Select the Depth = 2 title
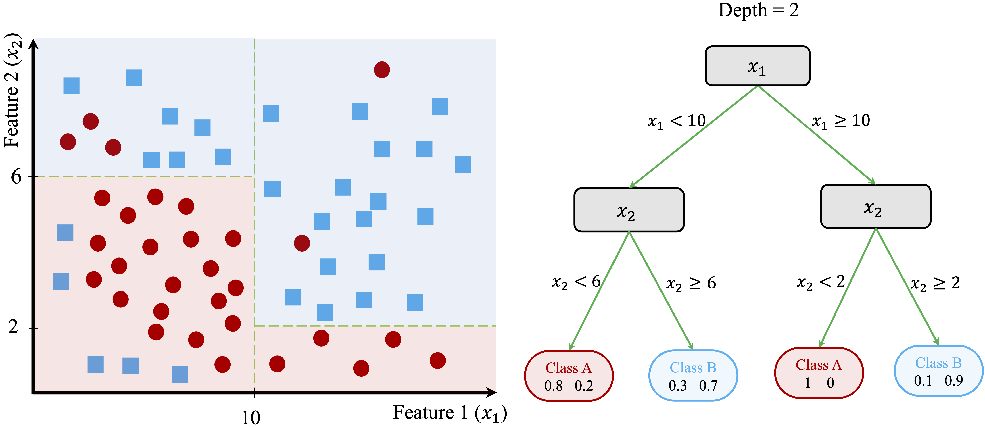(x=758, y=10)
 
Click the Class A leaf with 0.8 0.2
(x=569, y=376)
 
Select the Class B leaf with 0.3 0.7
(x=693, y=376)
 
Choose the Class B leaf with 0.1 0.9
(x=938, y=371)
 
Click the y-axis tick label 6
(x=16, y=177)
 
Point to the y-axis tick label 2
(x=14, y=327)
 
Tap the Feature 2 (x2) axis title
(x=12, y=91)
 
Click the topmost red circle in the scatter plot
(x=382, y=70)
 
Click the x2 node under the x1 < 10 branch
(x=629, y=210)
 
